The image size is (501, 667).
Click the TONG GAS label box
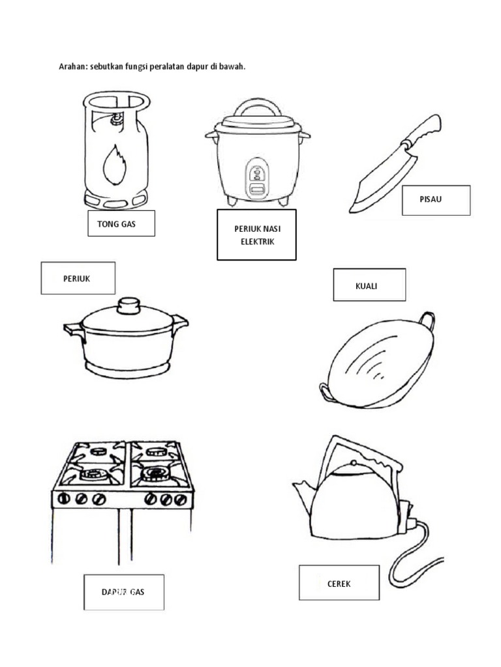(121, 223)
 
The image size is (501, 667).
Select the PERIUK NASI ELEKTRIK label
(256, 235)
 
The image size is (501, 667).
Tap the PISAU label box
(436, 200)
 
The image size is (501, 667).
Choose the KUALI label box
(369, 285)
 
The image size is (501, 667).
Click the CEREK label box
(339, 583)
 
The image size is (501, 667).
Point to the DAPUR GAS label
(123, 592)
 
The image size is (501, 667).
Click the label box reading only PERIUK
(78, 278)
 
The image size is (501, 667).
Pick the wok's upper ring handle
(426, 319)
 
